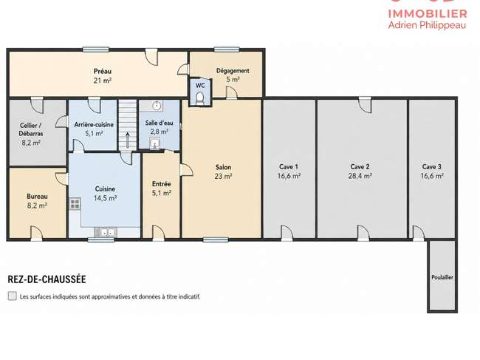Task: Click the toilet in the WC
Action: [199, 98]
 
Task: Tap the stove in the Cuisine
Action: [75, 204]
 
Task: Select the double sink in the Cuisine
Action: [105, 233]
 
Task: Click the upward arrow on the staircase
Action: [128, 140]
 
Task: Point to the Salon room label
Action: [223, 167]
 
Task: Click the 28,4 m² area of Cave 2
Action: [360, 176]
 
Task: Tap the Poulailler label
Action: [442, 277]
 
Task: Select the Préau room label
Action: [103, 72]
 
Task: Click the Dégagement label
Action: [233, 71]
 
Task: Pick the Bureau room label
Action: [37, 197]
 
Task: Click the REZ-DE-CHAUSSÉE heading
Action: [47, 279]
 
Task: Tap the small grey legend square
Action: [13, 296]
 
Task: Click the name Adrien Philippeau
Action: [427, 25]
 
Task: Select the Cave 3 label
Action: [432, 166]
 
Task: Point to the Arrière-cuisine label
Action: [94, 125]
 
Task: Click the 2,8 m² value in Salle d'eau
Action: [160, 132]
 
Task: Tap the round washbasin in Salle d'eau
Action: [157, 106]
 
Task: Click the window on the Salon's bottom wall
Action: [216, 240]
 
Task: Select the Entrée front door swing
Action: [158, 232]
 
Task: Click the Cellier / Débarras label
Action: [30, 129]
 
